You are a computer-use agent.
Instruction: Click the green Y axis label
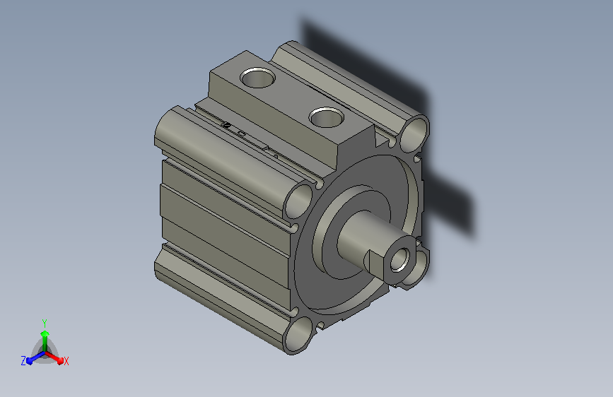[x=45, y=324]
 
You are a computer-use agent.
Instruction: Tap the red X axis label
[x=66, y=361]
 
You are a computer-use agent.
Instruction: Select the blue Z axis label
[x=23, y=361]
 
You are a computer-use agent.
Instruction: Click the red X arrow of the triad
[x=54, y=357]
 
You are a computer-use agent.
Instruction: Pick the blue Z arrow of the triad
[x=36, y=357]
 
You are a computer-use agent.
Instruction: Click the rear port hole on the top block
[x=257, y=78]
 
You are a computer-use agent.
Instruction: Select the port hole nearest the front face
[x=327, y=117]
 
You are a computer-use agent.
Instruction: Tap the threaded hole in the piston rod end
[x=400, y=259]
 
